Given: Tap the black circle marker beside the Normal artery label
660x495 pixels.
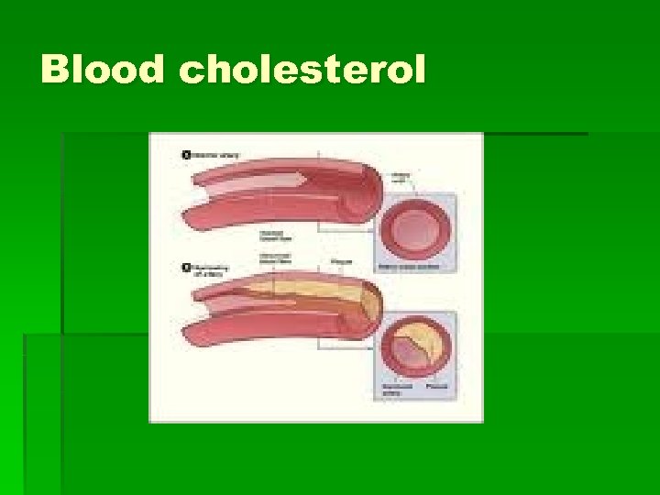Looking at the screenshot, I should tap(186, 155).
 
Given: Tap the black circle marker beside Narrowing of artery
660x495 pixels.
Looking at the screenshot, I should tap(186, 268).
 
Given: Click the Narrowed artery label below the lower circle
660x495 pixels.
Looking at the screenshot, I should tap(396, 390).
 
